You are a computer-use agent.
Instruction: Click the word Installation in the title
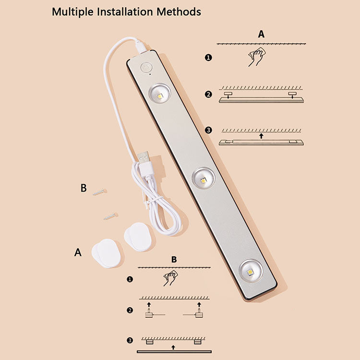coord(125,12)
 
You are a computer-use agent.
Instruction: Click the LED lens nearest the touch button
coord(159,94)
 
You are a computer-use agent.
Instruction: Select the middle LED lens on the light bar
coord(204,179)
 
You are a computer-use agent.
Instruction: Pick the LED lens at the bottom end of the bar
coord(251,271)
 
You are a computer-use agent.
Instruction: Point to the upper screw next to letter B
coord(100,192)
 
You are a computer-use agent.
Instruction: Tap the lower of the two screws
coord(111,216)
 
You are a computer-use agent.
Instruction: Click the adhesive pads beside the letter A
coord(106,253)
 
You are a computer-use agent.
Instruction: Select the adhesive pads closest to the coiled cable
coord(138,237)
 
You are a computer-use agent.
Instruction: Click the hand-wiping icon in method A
coord(257,57)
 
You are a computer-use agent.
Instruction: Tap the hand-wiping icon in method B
coord(170,278)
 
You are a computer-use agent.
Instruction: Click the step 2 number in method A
coord(208,95)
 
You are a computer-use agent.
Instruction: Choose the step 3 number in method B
coord(130,340)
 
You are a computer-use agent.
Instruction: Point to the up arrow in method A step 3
coord(261,136)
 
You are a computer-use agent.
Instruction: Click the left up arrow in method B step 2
coord(149,305)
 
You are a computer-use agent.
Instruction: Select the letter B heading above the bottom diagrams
coord(174,259)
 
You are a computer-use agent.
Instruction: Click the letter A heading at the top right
coord(261,34)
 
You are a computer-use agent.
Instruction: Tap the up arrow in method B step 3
coord(173,348)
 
